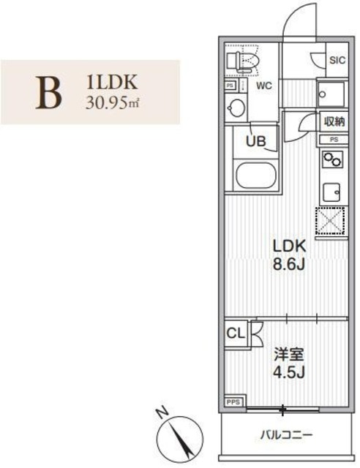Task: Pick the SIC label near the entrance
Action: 334,60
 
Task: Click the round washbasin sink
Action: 236,109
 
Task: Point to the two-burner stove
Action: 331,159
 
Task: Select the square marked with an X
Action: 331,221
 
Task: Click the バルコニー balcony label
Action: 287,436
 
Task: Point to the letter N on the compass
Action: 165,412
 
